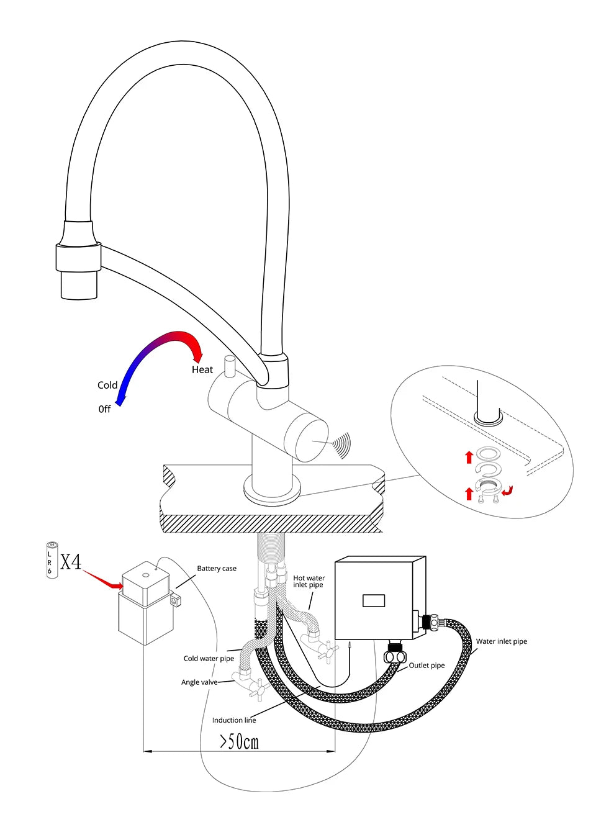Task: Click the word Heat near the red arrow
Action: pyautogui.click(x=202, y=369)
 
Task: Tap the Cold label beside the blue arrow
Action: pyautogui.click(x=107, y=385)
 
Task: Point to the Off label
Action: pyautogui.click(x=104, y=409)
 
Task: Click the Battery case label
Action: pyautogui.click(x=217, y=568)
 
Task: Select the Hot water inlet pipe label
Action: pyautogui.click(x=309, y=581)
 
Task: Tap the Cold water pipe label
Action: pyautogui.click(x=209, y=658)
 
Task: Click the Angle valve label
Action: pyautogui.click(x=199, y=682)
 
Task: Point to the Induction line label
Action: pyautogui.click(x=234, y=720)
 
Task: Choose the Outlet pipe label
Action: pyautogui.click(x=427, y=665)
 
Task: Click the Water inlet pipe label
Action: pyautogui.click(x=501, y=641)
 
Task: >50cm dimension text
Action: pyautogui.click(x=239, y=741)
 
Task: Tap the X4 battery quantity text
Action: pyautogui.click(x=71, y=562)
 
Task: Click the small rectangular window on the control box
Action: pyautogui.click(x=374, y=600)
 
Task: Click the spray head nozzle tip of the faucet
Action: pyautogui.click(x=79, y=287)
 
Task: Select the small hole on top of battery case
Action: pyautogui.click(x=147, y=574)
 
